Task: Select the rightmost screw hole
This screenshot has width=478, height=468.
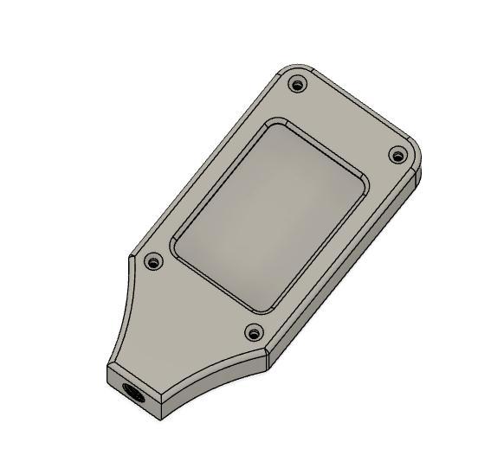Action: point(397,156)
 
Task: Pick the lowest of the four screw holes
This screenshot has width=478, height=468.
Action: point(254,331)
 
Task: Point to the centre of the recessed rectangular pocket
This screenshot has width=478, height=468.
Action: point(270,215)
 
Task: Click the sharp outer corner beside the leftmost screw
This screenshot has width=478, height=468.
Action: point(131,257)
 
